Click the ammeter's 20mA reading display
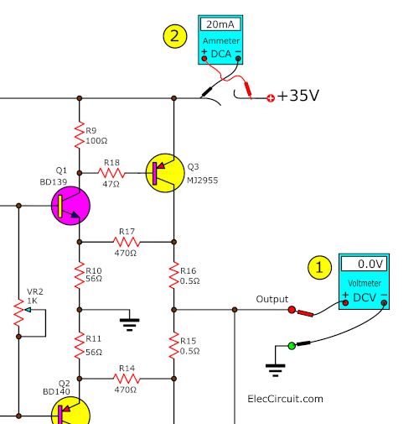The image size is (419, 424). (220, 24)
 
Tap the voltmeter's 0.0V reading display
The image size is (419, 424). (364, 264)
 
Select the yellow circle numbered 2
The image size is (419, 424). (175, 36)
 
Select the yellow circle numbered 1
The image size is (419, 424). (319, 268)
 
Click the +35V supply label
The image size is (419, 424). (298, 96)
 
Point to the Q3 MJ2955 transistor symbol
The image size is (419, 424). (165, 173)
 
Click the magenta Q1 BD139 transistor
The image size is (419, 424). (70, 206)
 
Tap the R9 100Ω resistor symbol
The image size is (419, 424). (80, 135)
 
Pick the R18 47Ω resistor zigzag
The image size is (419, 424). (111, 173)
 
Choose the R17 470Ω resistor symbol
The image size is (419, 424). (127, 242)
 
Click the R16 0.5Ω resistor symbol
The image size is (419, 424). (173, 275)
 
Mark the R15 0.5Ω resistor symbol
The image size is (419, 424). (173, 345)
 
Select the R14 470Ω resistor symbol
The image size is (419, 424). (127, 379)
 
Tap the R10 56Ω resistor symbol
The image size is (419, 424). (80, 275)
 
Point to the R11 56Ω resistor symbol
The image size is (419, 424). (80, 345)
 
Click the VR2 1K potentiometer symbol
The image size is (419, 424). (19, 313)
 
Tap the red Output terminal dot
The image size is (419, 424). (292, 310)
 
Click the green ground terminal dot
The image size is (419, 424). (292, 346)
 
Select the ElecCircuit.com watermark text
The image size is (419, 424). (285, 399)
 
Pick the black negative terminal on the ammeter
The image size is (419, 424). (238, 59)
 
